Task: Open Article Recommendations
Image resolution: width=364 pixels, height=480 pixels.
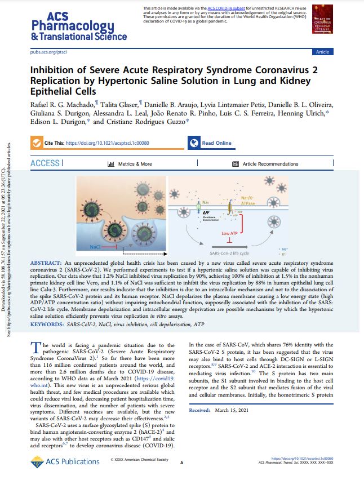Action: [270, 164]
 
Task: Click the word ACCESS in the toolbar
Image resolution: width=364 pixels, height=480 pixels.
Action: [45, 163]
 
